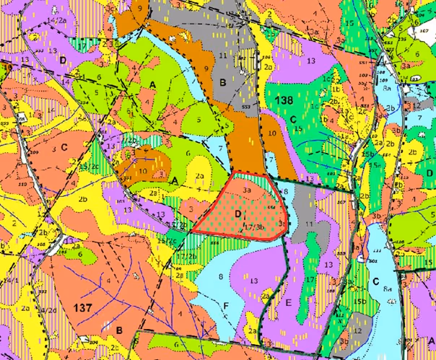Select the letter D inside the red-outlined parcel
[x=237, y=214]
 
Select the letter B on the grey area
[x=223, y=83]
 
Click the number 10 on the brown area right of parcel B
[x=271, y=134]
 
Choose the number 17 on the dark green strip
[x=308, y=278]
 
